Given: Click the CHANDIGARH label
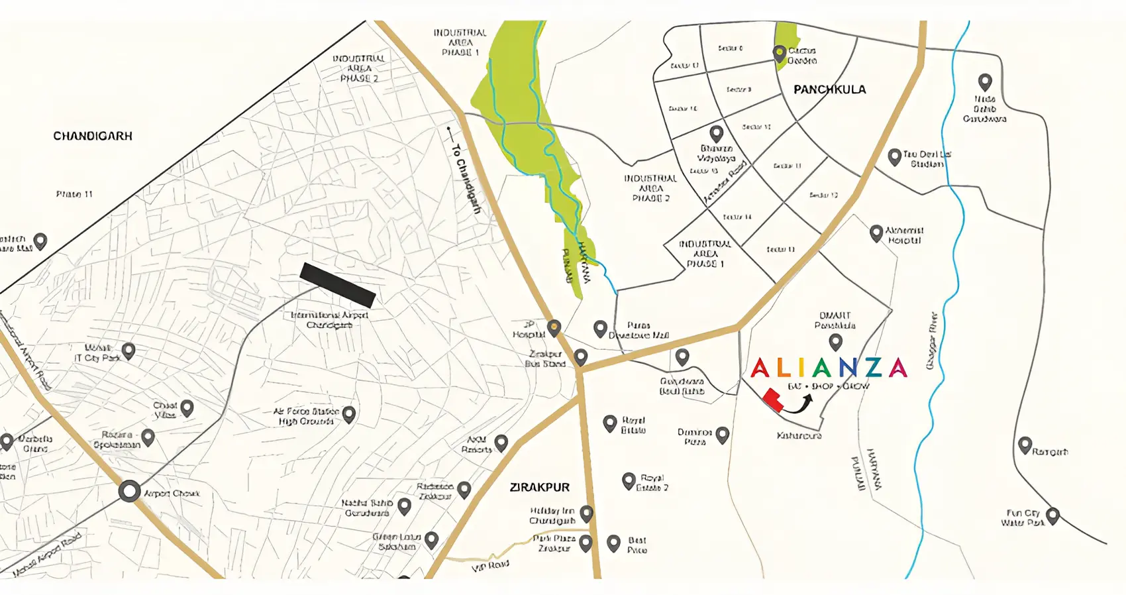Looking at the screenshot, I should point(93,136).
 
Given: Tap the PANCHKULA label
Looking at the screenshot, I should point(829,89).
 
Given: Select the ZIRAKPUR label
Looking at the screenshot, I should point(539,487).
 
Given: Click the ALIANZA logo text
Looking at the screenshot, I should point(828,368).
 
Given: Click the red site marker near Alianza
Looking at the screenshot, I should point(772,400).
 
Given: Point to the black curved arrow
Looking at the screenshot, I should point(799,404).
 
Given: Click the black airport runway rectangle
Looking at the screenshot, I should point(338,285).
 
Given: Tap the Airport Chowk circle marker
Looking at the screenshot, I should point(130,492).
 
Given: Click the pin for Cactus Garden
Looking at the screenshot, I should point(780,52).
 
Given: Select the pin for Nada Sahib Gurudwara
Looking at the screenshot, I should point(985,81).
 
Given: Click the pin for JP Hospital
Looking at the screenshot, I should point(554,327).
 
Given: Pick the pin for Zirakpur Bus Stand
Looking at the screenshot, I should point(580,356).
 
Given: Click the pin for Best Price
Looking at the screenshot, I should point(613,543).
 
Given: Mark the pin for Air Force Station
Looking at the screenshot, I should point(348,414).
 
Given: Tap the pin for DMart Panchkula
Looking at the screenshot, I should point(836,341).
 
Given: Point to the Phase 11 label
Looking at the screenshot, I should point(74,194).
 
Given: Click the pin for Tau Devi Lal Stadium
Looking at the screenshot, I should point(894,156).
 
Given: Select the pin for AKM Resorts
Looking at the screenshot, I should point(501,442).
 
